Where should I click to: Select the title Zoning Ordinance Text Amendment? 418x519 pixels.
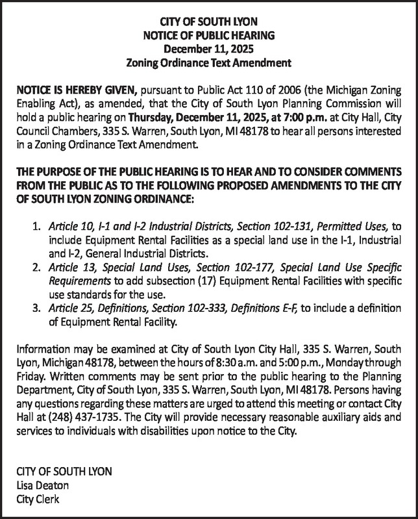point(208,63)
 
